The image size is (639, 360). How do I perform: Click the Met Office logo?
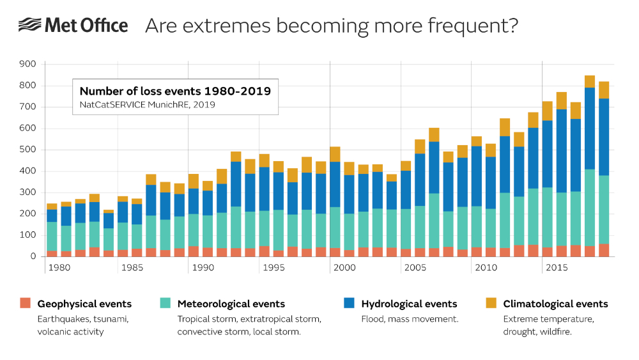pyautogui.click(x=73, y=26)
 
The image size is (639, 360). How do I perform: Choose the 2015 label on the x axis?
pyautogui.click(x=557, y=267)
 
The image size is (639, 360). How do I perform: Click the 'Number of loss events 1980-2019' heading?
pyautogui.click(x=175, y=91)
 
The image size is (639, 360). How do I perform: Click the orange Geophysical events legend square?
pyautogui.click(x=25, y=303)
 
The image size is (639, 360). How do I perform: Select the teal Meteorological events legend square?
pyautogui.click(x=166, y=303)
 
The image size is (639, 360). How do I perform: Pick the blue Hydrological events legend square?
pyautogui.click(x=350, y=303)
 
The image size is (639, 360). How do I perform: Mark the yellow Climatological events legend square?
pyautogui.click(x=491, y=303)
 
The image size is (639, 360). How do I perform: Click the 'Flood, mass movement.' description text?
pyautogui.click(x=410, y=318)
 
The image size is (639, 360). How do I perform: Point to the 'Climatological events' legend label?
pyautogui.click(x=555, y=304)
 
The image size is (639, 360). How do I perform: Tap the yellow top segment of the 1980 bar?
pyautogui.click(x=52, y=207)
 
